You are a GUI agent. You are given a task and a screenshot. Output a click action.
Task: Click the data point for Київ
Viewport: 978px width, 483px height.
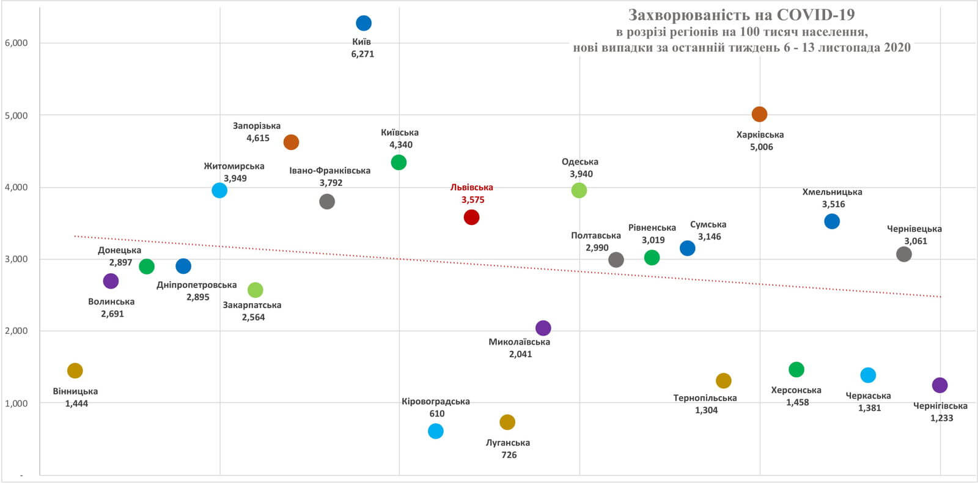coord(364,23)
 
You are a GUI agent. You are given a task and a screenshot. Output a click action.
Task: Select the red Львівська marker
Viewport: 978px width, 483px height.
coord(471,217)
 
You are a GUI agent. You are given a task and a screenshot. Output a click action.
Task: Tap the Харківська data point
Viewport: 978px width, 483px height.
coord(759,114)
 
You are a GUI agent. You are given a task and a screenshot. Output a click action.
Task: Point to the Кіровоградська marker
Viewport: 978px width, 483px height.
coord(436,431)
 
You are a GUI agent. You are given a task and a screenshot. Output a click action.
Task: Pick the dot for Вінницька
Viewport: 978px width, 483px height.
coord(75,371)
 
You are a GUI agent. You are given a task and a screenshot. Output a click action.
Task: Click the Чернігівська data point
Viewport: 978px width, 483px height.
coord(939,385)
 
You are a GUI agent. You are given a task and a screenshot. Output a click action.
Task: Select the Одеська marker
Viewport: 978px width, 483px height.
coord(579,190)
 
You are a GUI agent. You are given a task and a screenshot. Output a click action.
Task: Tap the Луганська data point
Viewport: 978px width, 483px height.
coord(507,422)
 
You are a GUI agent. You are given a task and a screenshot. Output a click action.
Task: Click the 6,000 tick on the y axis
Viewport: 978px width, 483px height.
coord(17,43)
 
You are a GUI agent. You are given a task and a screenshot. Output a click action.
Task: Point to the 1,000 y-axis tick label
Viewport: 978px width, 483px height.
coord(17,403)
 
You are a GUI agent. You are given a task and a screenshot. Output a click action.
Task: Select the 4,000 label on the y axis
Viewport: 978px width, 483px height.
coord(17,187)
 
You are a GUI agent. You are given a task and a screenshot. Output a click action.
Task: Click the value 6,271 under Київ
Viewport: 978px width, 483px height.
coord(362,54)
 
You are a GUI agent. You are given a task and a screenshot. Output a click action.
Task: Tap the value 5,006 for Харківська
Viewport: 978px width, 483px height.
coord(762,147)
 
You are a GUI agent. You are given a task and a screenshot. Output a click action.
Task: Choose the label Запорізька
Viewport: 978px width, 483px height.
coord(257,126)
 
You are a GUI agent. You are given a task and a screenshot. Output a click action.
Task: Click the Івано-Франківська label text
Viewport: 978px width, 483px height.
coord(330,171)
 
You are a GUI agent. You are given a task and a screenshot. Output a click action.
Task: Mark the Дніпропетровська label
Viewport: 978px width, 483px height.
coord(196,285)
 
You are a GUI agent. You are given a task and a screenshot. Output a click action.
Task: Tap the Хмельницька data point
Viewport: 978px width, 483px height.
coord(832,221)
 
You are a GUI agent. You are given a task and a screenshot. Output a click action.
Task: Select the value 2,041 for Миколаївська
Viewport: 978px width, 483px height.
coord(520,354)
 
